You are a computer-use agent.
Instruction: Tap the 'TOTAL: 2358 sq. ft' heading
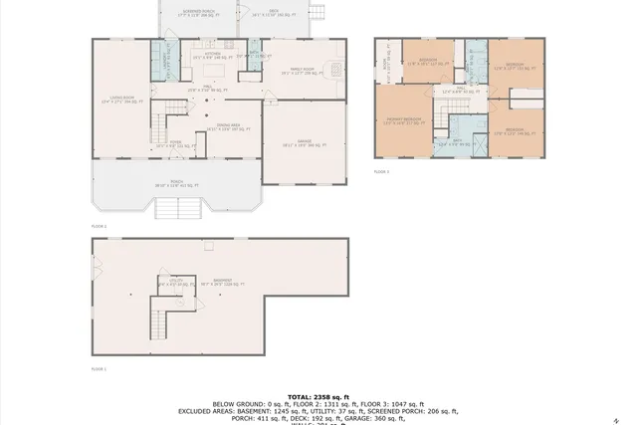coord(318,395)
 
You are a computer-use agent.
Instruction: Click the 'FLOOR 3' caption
coord(381,171)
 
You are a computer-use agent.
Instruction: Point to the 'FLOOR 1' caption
coord(99,367)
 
